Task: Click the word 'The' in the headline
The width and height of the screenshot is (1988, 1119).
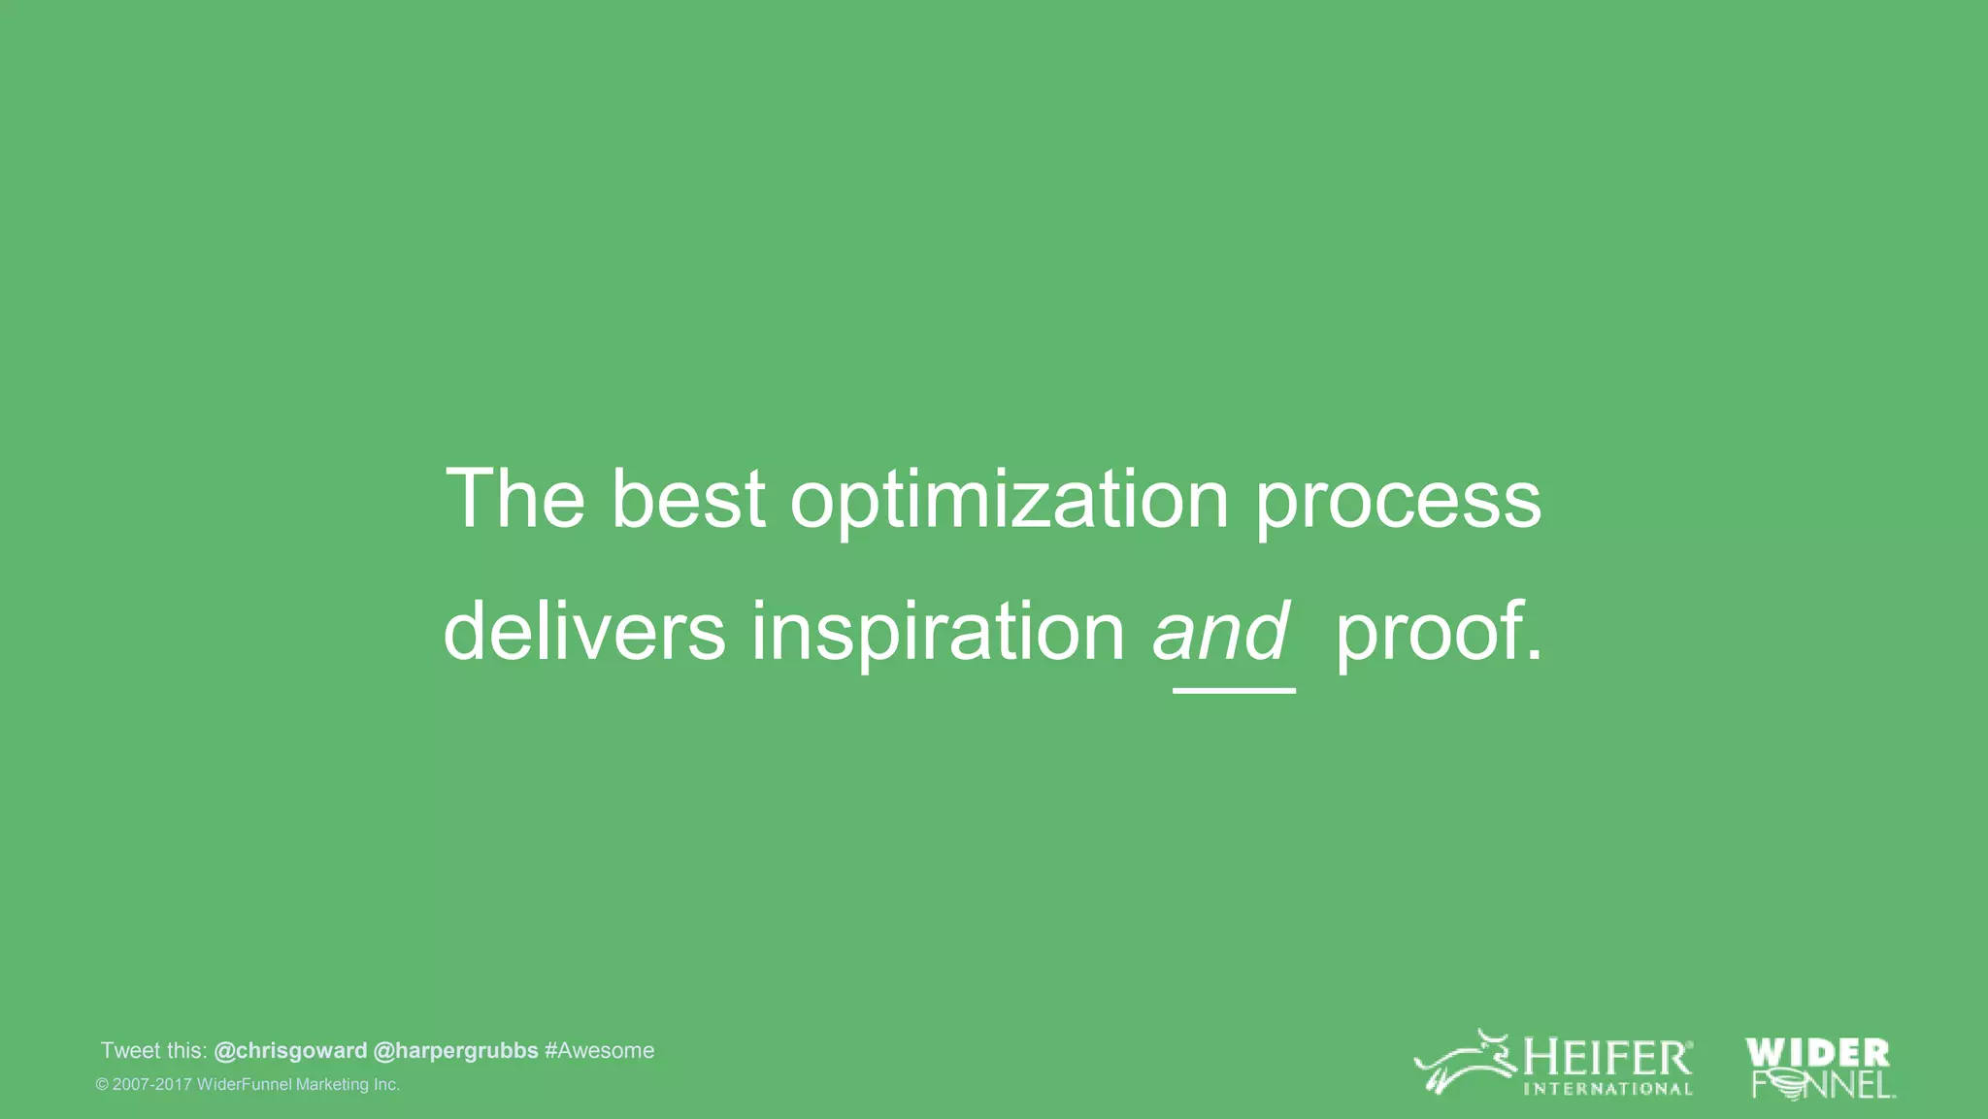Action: click(x=514, y=499)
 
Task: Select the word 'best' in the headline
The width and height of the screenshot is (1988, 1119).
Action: click(x=688, y=499)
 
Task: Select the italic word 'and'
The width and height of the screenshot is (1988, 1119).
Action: click(x=1221, y=632)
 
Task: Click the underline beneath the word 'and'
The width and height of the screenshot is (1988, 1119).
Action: click(x=1234, y=690)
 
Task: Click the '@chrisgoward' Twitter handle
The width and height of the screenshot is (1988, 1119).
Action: click(x=290, y=1051)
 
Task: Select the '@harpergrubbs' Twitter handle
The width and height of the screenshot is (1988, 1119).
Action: click(x=455, y=1051)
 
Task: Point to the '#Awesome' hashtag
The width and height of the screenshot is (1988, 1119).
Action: click(x=600, y=1051)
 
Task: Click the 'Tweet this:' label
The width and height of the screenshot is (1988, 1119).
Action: click(x=153, y=1051)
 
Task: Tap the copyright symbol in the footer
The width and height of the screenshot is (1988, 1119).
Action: click(x=102, y=1085)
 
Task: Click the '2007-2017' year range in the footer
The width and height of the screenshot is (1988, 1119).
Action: click(x=152, y=1085)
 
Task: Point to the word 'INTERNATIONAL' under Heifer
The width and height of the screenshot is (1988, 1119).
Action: click(x=1607, y=1089)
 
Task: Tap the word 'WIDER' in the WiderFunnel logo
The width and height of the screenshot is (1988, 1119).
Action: click(x=1817, y=1053)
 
